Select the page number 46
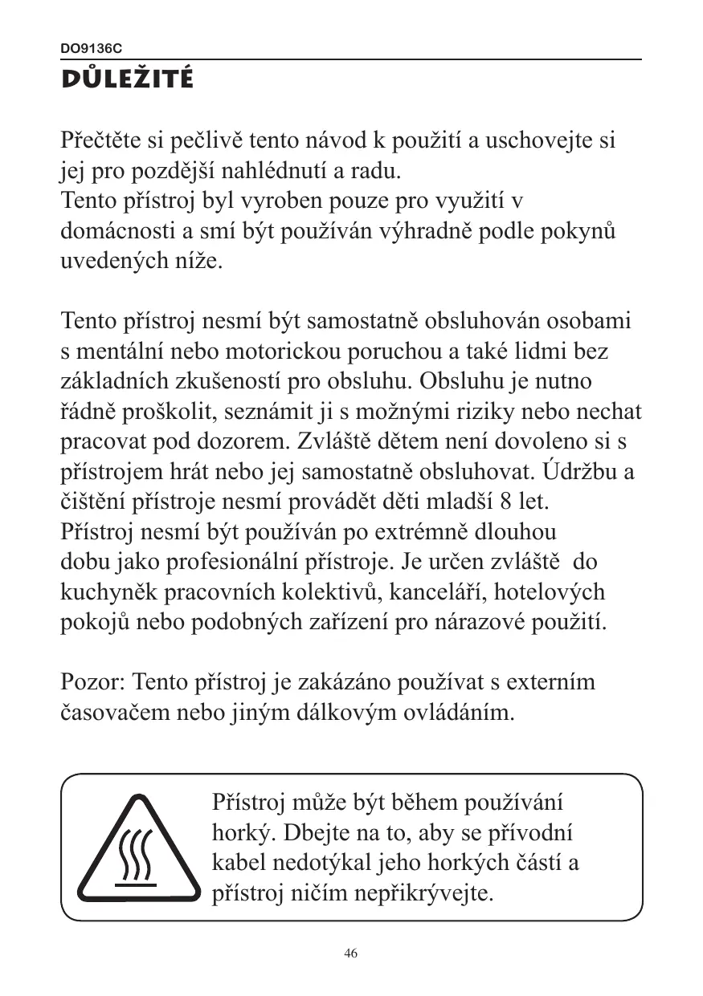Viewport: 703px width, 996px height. coord(350,953)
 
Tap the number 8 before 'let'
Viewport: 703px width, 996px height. coord(505,502)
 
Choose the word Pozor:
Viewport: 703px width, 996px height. coord(92,682)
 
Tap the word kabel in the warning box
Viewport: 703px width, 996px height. coord(239,863)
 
